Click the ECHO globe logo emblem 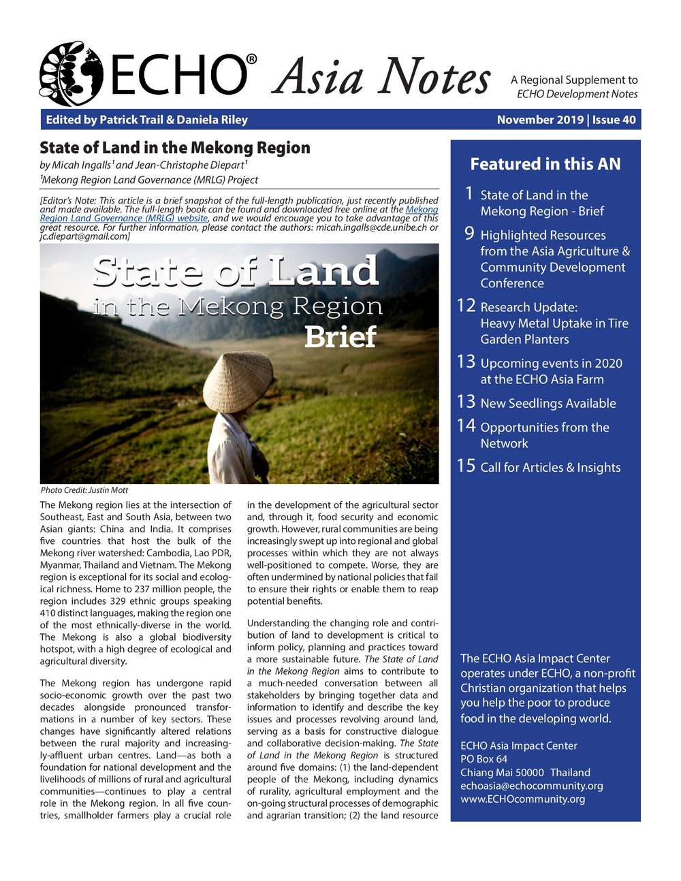pyautogui.click(x=71, y=74)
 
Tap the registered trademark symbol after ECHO pyautogui.click(x=251, y=60)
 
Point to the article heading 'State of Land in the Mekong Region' pyautogui.click(x=175, y=148)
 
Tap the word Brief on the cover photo pyautogui.click(x=340, y=337)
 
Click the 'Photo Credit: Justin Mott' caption pyautogui.click(x=84, y=490)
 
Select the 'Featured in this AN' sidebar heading pyautogui.click(x=545, y=164)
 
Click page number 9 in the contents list pyautogui.click(x=469, y=234)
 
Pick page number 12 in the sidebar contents pyautogui.click(x=466, y=306)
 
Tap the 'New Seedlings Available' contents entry pyautogui.click(x=548, y=404)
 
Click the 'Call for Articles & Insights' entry pyautogui.click(x=550, y=468)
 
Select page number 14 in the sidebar pyautogui.click(x=466, y=426)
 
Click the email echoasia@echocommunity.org pyautogui.click(x=532, y=786)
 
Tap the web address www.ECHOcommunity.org pyautogui.click(x=522, y=799)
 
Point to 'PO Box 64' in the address pyautogui.click(x=484, y=759)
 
